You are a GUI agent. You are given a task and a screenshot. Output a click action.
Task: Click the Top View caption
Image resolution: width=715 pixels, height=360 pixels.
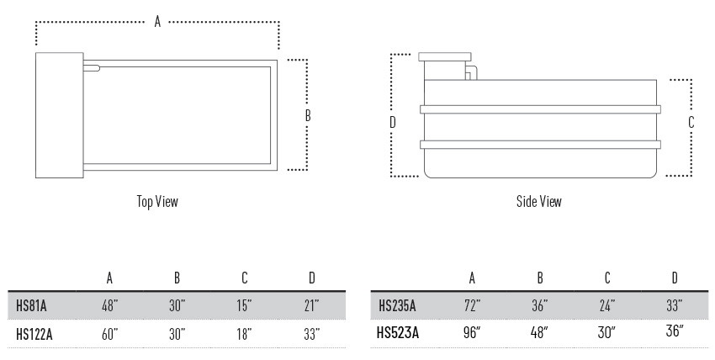point(157,201)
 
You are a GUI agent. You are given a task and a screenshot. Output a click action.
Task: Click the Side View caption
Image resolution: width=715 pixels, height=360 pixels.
point(539,201)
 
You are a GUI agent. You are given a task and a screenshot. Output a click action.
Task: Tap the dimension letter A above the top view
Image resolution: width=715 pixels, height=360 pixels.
point(157,21)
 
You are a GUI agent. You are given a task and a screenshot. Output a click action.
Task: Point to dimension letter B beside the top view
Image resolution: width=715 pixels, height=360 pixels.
point(308,116)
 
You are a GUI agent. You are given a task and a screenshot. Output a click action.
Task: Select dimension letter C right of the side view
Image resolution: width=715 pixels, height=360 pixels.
point(691,122)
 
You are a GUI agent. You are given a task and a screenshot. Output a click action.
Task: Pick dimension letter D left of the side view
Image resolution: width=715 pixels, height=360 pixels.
point(393,122)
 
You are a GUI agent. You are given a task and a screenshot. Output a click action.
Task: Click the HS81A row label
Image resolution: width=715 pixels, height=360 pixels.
point(31,305)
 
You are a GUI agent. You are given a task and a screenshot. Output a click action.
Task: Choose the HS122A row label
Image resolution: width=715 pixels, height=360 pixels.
point(34,335)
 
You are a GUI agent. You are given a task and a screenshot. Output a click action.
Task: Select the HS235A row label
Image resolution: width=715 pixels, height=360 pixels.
point(397,305)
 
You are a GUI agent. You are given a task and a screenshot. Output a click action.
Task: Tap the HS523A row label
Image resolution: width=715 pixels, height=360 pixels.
point(398,333)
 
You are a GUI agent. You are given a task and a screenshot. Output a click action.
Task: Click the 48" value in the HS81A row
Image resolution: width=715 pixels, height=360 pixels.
point(110,304)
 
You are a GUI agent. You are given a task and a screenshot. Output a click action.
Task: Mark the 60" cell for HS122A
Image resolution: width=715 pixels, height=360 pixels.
point(110,335)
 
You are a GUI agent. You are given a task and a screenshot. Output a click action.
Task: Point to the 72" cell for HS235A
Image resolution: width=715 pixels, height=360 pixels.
point(472,304)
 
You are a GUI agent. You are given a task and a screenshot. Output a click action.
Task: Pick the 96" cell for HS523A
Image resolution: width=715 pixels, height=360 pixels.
point(472,332)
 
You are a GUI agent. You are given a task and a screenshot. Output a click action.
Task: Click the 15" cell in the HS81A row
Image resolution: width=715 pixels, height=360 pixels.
point(245,304)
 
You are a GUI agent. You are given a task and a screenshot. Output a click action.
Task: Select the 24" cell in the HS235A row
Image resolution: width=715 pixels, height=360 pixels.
point(607,304)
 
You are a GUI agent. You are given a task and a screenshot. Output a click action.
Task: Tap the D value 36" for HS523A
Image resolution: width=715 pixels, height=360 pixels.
point(675,331)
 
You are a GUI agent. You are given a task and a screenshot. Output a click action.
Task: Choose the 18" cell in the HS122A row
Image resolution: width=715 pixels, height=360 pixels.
point(245,335)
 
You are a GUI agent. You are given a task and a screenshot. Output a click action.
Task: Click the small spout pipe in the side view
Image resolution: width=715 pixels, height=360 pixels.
point(471,72)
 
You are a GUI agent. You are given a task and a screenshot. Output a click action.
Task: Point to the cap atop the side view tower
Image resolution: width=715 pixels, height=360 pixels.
point(445,57)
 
